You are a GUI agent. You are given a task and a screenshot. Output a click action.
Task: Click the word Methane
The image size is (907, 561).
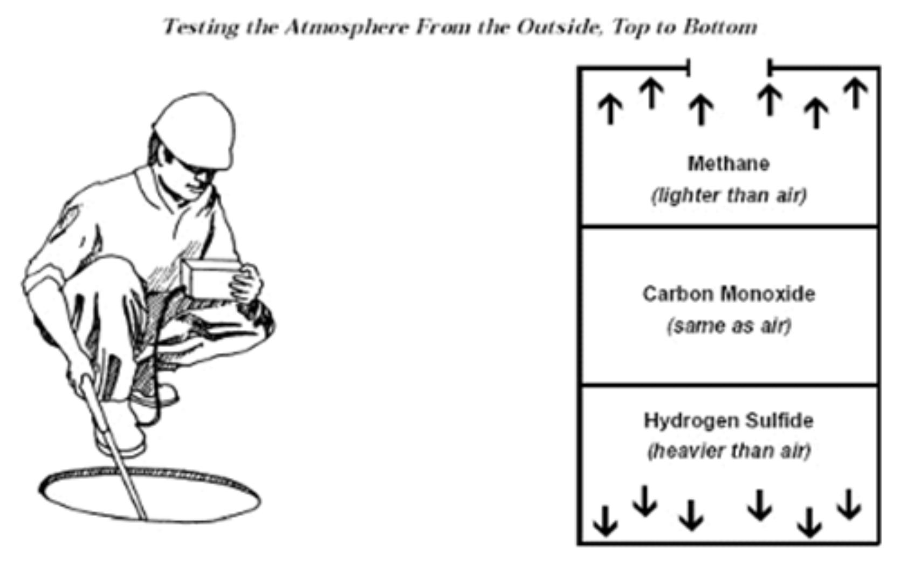(x=728, y=163)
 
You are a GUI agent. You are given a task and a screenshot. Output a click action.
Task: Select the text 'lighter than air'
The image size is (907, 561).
(x=729, y=195)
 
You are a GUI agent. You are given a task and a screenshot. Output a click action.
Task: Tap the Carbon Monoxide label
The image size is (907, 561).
(x=729, y=294)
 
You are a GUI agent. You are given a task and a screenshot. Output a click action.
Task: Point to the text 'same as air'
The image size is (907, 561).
(x=729, y=326)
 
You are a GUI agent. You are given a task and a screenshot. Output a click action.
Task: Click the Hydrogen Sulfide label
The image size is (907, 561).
(x=729, y=421)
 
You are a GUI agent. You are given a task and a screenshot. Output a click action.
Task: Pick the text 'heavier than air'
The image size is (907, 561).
(x=729, y=451)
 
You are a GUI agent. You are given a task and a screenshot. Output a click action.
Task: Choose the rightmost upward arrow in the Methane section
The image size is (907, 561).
(x=855, y=93)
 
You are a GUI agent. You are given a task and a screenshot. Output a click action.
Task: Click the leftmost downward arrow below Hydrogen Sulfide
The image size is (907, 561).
(x=605, y=521)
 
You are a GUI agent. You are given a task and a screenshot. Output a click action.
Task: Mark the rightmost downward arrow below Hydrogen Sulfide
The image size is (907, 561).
(x=849, y=504)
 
